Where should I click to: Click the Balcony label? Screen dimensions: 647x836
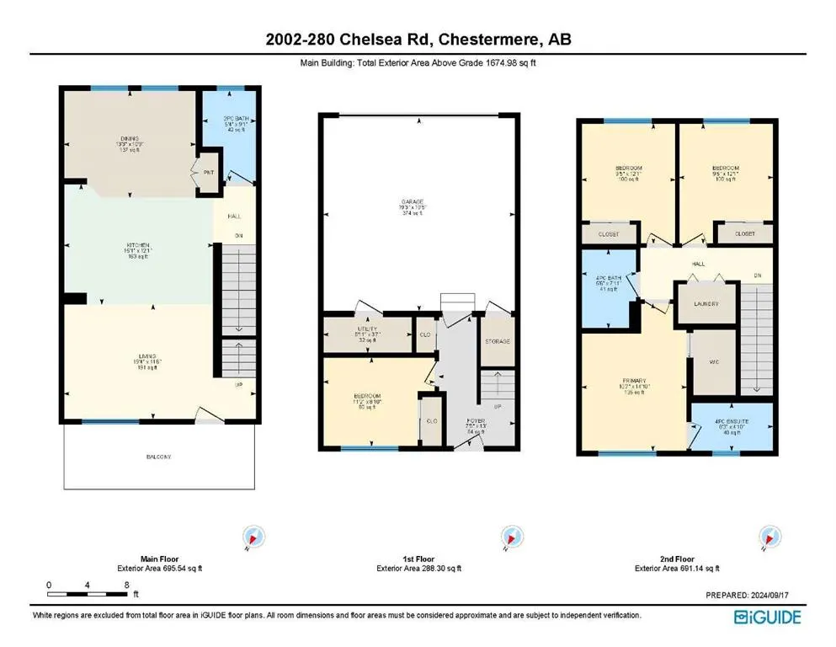click(157, 457)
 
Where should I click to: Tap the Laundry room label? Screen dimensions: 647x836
click(705, 303)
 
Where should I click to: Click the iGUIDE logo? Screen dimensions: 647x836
click(767, 618)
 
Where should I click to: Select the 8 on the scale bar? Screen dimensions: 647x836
click(126, 584)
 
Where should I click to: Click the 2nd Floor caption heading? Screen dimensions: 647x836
click(676, 559)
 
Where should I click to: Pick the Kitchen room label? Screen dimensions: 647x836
click(137, 245)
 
